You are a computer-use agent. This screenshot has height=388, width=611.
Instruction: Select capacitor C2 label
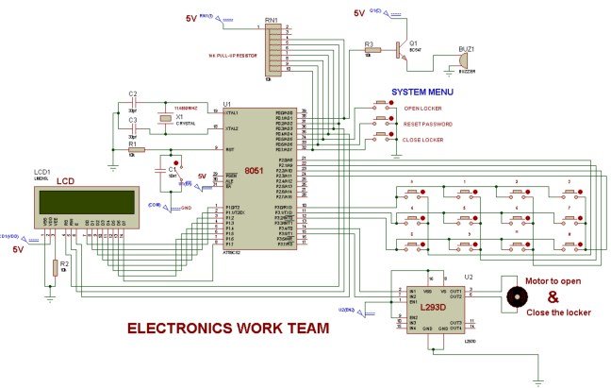point(133,93)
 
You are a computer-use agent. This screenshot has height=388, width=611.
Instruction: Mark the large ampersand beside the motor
point(554,295)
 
